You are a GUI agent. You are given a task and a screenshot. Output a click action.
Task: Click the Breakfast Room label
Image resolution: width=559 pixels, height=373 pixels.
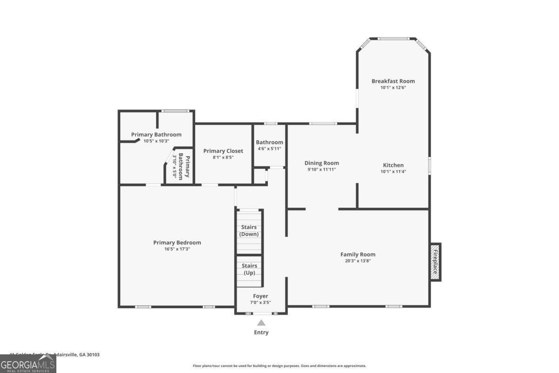coord(393,81)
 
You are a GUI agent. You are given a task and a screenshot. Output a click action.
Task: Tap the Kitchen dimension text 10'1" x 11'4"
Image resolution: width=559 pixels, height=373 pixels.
coord(393,171)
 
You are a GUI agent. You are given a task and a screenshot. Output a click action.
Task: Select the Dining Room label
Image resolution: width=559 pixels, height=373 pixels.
coord(321,163)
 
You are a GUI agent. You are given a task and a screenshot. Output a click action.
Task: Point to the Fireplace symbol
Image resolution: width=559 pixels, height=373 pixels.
coord(435,262)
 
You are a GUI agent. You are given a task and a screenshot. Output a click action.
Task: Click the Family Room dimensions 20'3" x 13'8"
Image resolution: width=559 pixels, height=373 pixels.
coord(357,261)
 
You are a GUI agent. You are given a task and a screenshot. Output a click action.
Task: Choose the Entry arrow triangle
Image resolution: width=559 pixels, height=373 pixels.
coord(261,323)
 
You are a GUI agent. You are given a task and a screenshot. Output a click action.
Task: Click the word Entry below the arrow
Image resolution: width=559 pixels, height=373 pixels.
coord(261,332)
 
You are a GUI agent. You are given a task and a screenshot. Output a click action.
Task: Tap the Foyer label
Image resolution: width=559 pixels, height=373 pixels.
coord(260,296)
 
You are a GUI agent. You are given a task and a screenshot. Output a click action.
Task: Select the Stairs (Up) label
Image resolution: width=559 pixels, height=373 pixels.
coord(249,269)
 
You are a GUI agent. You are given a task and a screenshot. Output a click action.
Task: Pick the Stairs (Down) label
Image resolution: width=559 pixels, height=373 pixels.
coord(249,230)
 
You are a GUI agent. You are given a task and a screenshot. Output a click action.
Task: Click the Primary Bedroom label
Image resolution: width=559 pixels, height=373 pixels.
coord(177,242)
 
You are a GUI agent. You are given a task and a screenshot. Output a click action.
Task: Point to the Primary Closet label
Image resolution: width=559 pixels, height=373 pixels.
coord(223,151)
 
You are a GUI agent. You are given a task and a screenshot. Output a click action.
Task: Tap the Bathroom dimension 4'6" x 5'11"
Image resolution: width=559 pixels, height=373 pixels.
coord(269,149)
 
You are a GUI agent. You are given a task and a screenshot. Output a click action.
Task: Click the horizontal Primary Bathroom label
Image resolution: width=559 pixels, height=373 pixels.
coord(156,134)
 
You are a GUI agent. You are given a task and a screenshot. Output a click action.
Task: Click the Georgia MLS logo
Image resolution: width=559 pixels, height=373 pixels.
coord(28,364)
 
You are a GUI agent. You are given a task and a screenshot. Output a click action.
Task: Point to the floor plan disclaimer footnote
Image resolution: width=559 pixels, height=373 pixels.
coord(279,366)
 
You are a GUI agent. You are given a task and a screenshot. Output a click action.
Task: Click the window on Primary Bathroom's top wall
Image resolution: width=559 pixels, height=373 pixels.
coord(175,111)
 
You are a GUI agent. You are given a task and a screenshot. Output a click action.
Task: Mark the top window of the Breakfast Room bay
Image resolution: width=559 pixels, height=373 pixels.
coord(393,39)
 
